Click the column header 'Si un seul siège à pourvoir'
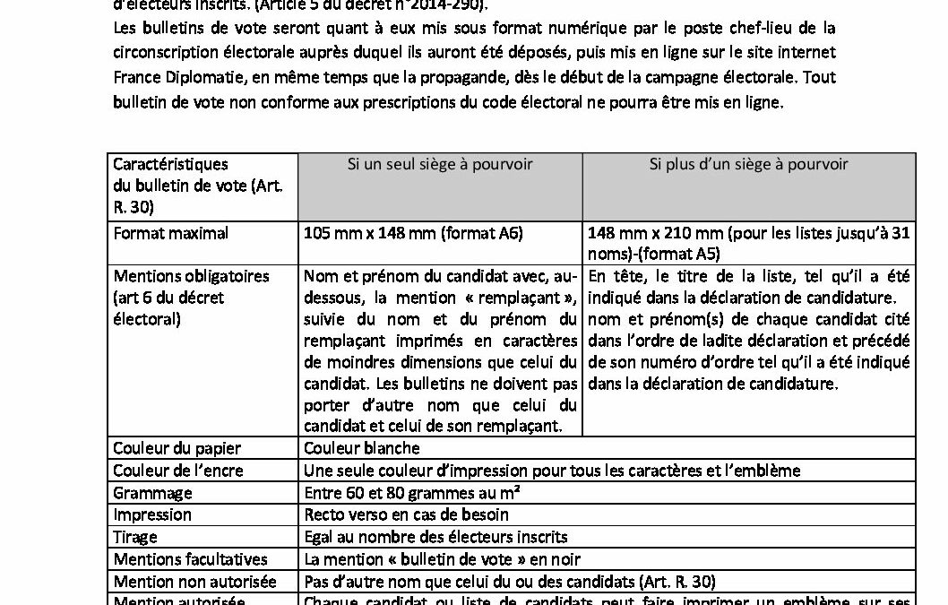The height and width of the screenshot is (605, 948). tap(439, 164)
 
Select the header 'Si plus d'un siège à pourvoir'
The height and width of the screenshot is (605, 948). tap(748, 164)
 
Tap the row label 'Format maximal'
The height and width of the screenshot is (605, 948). tap(170, 233)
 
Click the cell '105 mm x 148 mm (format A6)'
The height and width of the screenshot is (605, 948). tap(413, 233)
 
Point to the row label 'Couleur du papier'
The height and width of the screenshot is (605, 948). tap(177, 447)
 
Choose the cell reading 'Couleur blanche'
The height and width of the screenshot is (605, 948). tap(361, 447)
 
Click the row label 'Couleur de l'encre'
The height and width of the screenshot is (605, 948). tap(177, 470)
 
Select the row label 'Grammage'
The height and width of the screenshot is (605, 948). tap(152, 492)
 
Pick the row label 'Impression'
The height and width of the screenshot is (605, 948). tap(152, 514)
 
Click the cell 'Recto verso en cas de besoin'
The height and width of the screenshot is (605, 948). tap(406, 514)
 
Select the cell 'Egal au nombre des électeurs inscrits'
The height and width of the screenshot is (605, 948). tap(435, 537)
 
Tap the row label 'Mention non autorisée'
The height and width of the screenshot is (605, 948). tap(194, 582)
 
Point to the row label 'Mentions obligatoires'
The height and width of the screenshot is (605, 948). tap(191, 276)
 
